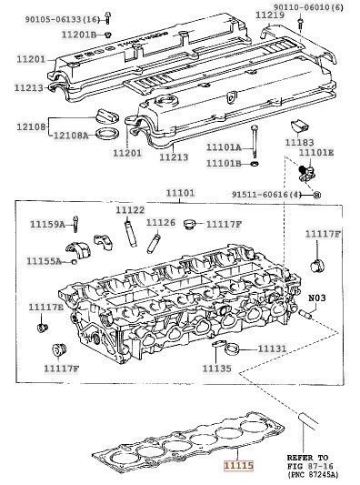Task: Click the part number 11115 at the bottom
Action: click(238, 465)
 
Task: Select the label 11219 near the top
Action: click(270, 15)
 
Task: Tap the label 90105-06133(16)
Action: click(63, 20)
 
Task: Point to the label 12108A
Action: click(71, 136)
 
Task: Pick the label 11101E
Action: click(316, 153)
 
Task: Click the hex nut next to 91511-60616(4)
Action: click(317, 195)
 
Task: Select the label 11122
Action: click(130, 210)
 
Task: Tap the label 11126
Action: click(160, 222)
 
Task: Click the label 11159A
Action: click(47, 224)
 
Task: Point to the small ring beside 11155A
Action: click(74, 262)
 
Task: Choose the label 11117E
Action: click(45, 308)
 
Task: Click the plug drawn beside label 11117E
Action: click(42, 328)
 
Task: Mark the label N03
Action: click(317, 298)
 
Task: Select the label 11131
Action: click(272, 349)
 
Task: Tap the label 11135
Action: click(216, 369)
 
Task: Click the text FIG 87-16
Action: click(311, 466)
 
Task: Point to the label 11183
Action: click(299, 142)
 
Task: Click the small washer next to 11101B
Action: click(255, 163)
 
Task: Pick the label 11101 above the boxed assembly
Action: click(181, 193)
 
